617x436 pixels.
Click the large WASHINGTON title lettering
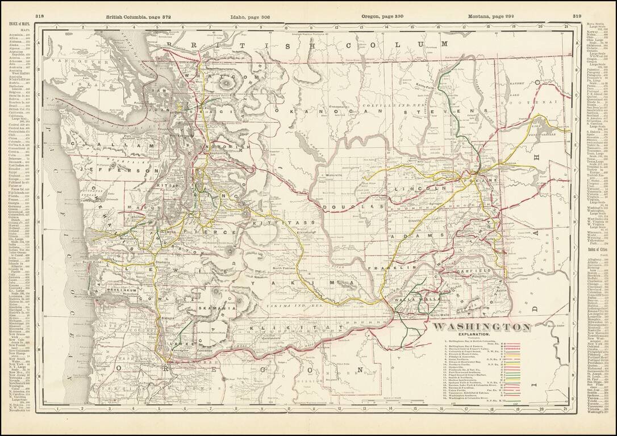click(482, 327)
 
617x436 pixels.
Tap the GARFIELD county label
click(475, 272)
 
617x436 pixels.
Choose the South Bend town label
click(91, 262)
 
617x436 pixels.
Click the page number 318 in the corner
click(40, 17)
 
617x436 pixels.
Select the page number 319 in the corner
click(577, 17)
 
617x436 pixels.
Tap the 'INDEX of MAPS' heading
click(20, 24)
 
